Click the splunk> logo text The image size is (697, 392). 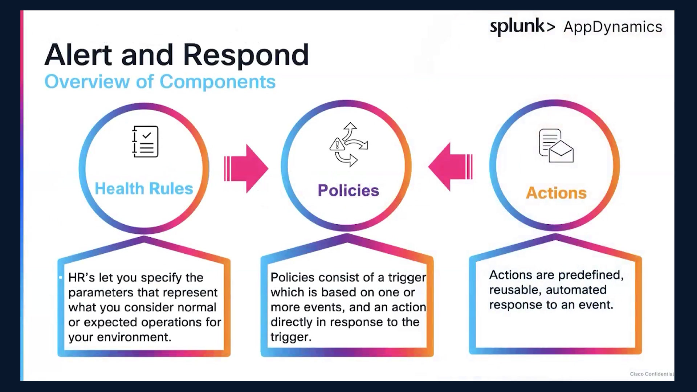click(522, 27)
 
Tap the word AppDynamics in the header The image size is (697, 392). click(613, 27)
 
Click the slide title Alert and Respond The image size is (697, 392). click(176, 55)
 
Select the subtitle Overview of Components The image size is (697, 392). click(160, 81)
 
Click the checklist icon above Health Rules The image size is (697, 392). click(145, 142)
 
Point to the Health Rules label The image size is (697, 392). click(144, 189)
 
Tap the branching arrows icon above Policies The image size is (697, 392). click(348, 144)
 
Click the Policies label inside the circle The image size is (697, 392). click(348, 191)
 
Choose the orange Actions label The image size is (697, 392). click(556, 193)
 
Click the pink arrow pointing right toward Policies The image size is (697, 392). click(246, 168)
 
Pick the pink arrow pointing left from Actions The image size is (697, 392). click(451, 167)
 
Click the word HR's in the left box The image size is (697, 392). click(82, 278)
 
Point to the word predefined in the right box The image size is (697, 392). click(590, 275)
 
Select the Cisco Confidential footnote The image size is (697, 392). click(652, 374)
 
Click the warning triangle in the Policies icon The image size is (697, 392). click(337, 145)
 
